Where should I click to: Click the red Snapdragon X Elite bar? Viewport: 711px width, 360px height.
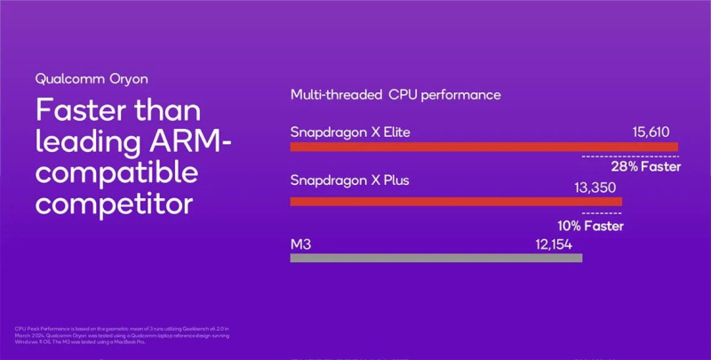pos(483,147)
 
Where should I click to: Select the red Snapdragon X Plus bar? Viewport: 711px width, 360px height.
pos(456,202)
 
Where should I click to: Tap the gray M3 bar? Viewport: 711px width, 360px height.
pos(435,258)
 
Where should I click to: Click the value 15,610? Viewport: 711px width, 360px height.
pos(654,132)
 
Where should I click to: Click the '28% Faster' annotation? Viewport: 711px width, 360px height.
pos(645,166)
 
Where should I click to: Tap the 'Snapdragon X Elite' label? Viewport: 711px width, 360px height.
pos(350,132)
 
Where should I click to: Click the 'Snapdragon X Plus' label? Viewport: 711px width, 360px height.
pos(349,180)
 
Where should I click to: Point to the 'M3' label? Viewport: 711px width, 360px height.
pos(300,244)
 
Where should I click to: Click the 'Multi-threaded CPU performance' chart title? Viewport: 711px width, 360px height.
pos(395,94)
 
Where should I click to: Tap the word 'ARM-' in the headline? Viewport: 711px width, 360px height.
pos(188,140)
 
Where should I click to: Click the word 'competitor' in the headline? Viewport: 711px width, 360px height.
pos(114,202)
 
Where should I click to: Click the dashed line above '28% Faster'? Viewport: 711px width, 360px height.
pos(629,156)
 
